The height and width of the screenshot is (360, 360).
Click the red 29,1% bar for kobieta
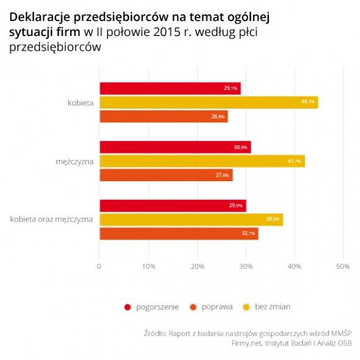click(x=169, y=88)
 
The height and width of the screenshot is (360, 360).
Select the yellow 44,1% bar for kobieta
click(x=209, y=102)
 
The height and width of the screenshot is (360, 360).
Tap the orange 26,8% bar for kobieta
click(x=163, y=117)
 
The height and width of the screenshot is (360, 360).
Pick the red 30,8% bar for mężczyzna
click(x=174, y=147)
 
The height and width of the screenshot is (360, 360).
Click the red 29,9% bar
click(x=173, y=205)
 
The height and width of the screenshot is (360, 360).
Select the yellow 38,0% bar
click(x=191, y=219)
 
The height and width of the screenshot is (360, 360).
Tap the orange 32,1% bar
click(x=178, y=233)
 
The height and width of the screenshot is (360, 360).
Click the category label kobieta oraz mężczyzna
click(x=51, y=219)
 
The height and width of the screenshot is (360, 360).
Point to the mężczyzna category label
click(x=74, y=161)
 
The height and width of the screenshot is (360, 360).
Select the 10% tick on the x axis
click(x=148, y=267)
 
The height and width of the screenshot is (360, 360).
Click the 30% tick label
click(x=246, y=267)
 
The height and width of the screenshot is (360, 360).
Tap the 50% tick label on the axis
click(x=343, y=267)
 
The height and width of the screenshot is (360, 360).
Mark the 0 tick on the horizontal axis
click(x=99, y=267)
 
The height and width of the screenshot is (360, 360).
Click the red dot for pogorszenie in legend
click(x=128, y=306)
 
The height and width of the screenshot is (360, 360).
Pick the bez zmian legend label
click(x=276, y=306)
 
